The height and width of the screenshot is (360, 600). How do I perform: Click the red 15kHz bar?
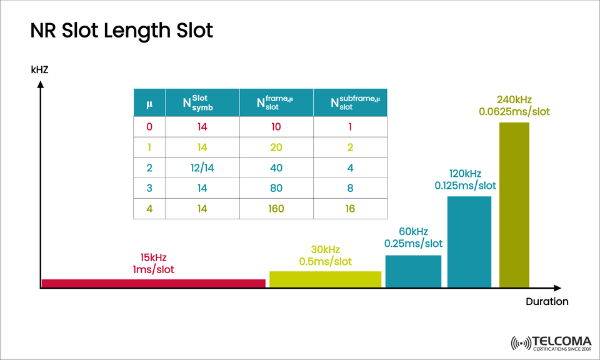click(x=153, y=283)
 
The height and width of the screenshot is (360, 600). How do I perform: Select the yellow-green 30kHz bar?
click(x=325, y=279)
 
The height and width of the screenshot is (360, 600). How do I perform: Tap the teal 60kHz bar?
click(x=413, y=271)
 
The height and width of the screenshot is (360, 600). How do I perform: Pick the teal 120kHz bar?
click(x=469, y=242)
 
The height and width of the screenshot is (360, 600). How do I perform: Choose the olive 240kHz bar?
click(x=514, y=205)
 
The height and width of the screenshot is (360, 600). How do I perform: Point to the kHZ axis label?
click(x=39, y=70)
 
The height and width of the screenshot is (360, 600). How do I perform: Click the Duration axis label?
click(x=547, y=301)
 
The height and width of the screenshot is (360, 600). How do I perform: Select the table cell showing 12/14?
click(x=202, y=167)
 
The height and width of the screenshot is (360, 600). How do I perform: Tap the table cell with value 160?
click(x=276, y=208)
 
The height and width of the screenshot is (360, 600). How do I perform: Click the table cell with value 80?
click(x=276, y=187)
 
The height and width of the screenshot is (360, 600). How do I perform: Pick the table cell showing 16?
click(x=350, y=208)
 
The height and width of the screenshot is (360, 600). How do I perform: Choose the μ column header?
click(x=149, y=103)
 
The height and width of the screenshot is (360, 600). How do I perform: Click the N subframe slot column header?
click(x=350, y=102)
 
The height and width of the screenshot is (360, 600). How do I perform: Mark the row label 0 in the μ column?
click(x=149, y=127)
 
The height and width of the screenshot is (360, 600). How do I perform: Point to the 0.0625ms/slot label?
click(x=514, y=111)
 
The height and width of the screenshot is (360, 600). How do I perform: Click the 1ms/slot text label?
click(x=154, y=270)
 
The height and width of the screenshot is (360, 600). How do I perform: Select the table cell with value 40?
click(x=276, y=167)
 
